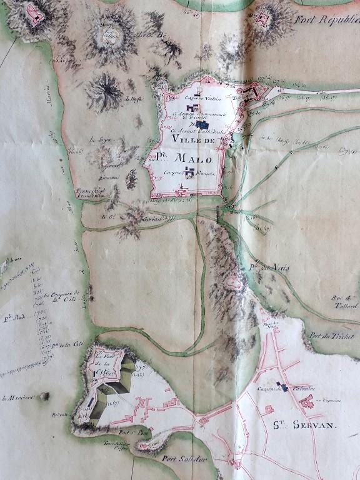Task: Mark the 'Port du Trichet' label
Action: coord(331,336)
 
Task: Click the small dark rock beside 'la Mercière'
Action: coord(44,396)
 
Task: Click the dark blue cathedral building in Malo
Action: coord(201,125)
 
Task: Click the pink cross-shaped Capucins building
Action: coord(306,402)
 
